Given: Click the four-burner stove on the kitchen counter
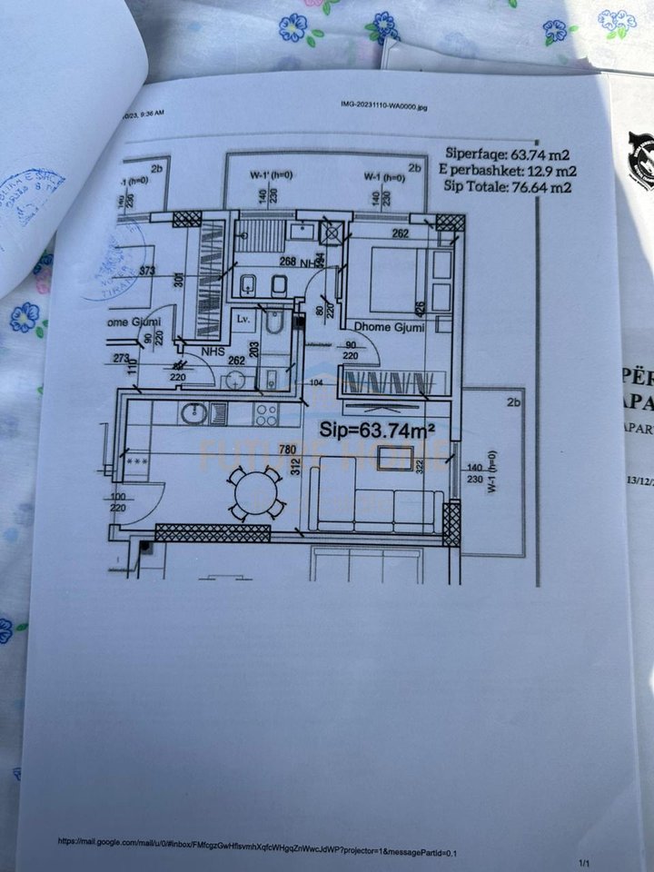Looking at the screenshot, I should pos(264,414).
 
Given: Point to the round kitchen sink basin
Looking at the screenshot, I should pos(193,414).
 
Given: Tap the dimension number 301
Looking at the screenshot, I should pos(177,281).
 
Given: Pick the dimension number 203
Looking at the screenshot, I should pos(253,348).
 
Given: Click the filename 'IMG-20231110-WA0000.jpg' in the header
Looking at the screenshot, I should pos(378,106).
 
